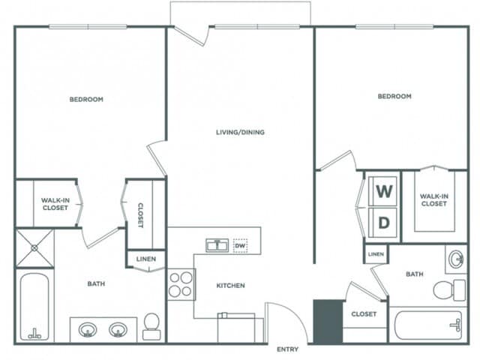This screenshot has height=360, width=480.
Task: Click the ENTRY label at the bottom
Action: pos(287,349)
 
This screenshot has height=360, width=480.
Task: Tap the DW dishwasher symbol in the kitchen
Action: pos(240,245)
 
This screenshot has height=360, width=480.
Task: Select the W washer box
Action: pos(384,190)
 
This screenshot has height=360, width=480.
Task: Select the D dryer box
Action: pos(384,223)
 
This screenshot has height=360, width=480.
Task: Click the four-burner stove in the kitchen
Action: pos(181,284)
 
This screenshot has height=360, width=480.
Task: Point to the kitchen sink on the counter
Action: pos(218,245)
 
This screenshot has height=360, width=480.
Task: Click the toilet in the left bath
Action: pos(151,326)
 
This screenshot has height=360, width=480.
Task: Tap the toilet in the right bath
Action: pos(449,289)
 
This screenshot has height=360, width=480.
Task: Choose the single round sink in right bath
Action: pos(456,259)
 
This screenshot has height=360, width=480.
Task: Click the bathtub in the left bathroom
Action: pos(34,307)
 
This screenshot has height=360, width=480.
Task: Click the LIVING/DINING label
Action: pos(240,132)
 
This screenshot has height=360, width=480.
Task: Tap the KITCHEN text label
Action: pos(231,286)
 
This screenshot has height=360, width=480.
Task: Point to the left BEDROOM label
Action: pos(86,99)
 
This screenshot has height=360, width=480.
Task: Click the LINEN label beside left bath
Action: pos(146,259)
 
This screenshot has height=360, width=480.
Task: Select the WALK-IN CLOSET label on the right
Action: pos(433,199)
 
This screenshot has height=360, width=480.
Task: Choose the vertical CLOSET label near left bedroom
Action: pos(139,214)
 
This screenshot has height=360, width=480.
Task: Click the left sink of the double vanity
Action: pos(88,329)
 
